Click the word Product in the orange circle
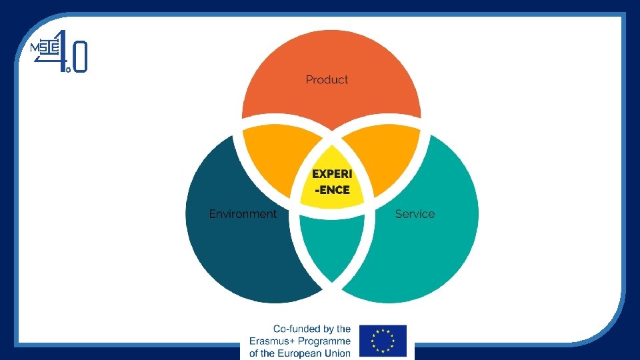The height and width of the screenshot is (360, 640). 327,80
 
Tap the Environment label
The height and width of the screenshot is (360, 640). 243,214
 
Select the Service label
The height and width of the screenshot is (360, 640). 415,214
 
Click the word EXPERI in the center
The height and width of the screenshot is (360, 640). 331,174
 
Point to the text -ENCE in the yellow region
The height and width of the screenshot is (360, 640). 331,190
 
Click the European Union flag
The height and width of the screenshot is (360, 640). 383,341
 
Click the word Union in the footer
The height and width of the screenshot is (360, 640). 337,353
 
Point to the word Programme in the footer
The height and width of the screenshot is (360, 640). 323,341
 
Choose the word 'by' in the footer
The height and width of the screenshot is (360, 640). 327,329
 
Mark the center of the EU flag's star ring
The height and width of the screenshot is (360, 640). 383,341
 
